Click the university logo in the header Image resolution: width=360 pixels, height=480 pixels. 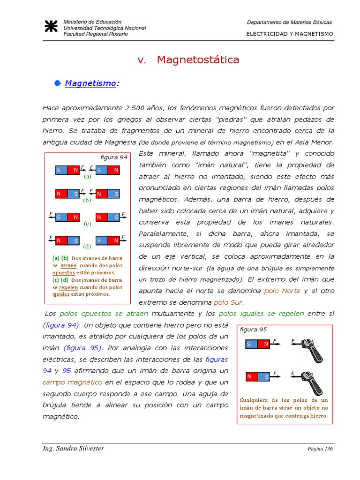pyautogui.click(x=51, y=27)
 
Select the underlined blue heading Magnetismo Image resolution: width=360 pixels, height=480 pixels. pyautogui.click(x=90, y=83)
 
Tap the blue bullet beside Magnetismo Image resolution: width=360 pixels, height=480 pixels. pyautogui.click(x=58, y=83)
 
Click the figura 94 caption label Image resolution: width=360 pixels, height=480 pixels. pyautogui.click(x=114, y=157)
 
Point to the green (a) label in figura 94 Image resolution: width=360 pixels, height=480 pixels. pyautogui.click(x=87, y=177)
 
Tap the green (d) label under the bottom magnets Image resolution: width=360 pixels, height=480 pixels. pyautogui.click(x=87, y=246)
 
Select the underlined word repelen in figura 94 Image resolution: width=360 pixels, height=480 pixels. pyautogui.click(x=68, y=287)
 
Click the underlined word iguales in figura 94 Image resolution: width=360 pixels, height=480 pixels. pyautogui.click(x=61, y=294)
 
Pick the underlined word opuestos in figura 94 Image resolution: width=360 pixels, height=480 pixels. pyautogui.click(x=64, y=272)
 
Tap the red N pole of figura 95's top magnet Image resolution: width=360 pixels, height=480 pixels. pyautogui.click(x=266, y=345)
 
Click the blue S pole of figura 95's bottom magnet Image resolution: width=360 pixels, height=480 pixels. pyautogui.click(x=266, y=376)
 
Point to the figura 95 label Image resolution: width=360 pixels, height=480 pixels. pyautogui.click(x=253, y=330)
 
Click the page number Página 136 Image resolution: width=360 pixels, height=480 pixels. pyautogui.click(x=320, y=449)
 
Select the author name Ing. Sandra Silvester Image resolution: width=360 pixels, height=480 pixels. pyautogui.click(x=73, y=449)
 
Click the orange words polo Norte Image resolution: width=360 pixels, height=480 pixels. pyautogui.click(x=282, y=291)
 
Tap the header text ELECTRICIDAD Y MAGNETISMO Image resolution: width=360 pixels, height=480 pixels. pyautogui.click(x=290, y=34)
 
